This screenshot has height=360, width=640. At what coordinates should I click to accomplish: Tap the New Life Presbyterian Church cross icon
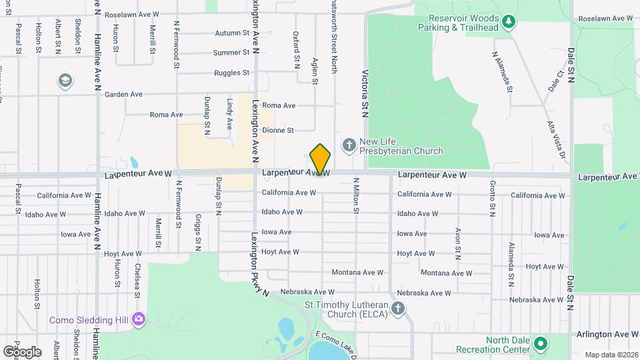click(x=348, y=145)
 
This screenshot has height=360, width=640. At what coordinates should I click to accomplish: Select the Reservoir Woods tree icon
click(x=509, y=22)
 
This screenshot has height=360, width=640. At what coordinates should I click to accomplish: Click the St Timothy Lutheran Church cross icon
click(x=398, y=307)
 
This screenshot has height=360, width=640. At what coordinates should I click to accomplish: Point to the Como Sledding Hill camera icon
click(x=139, y=319)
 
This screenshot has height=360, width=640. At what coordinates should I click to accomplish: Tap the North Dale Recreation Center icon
click(x=541, y=345)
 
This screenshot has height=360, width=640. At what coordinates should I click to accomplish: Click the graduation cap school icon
click(x=65, y=81)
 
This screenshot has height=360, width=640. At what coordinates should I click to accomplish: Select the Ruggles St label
click(x=232, y=73)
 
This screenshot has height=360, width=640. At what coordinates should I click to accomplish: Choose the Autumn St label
click(x=232, y=33)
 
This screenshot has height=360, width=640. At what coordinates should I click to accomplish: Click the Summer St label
click(x=231, y=53)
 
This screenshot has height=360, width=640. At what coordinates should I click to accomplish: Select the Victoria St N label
click(x=365, y=93)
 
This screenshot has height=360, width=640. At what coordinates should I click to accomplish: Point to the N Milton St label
click(x=357, y=195)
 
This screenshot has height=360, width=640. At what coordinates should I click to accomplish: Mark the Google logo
click(x=21, y=351)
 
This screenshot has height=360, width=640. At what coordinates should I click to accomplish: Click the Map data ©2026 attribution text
click(x=611, y=355)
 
